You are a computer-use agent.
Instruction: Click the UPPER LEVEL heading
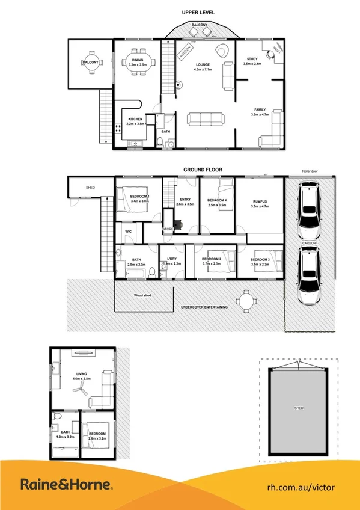198,12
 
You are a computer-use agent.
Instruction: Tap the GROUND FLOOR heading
198,170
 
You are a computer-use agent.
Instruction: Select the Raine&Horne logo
67,484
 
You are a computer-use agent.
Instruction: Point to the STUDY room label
252,59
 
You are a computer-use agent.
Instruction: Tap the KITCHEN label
135,120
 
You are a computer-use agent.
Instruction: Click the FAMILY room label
260,110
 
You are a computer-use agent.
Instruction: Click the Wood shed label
142,295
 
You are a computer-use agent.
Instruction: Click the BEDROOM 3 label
260,260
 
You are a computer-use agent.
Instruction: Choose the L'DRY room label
172,260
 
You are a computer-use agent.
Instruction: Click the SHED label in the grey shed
299,408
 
